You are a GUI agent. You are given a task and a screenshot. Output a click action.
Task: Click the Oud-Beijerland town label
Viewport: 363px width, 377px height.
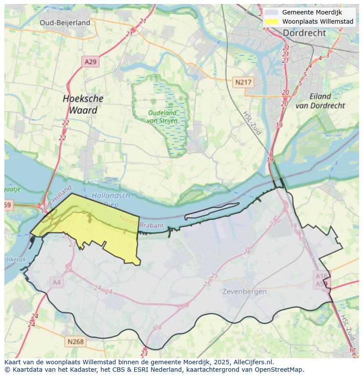point(65,23)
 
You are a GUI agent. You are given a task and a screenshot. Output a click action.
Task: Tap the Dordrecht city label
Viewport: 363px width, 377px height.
point(304,33)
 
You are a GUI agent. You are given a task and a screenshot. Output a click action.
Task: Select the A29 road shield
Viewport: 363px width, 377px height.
point(90,62)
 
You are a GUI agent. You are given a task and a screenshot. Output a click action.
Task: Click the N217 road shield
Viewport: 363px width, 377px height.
point(243,82)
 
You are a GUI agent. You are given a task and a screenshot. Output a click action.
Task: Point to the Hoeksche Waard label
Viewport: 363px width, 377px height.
point(83,104)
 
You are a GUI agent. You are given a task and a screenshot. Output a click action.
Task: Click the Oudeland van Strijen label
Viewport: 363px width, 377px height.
point(162,116)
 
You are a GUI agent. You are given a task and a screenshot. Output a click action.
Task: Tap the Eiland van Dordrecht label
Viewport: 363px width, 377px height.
point(320,101)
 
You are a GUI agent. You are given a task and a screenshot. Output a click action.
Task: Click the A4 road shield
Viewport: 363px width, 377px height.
point(57,282)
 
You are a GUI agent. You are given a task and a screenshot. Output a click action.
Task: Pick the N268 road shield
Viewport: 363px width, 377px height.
point(75,342)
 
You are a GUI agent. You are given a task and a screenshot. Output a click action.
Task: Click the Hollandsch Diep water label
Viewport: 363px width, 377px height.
point(110,200)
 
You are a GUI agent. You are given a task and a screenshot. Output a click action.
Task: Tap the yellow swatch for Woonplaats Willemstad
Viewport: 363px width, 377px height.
point(272,21)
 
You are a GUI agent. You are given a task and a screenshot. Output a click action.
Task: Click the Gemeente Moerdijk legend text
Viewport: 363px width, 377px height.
point(312,12)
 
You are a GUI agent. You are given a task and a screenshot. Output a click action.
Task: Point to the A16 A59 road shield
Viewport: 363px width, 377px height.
point(322,279)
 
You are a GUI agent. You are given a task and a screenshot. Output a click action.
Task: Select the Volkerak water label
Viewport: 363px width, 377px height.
point(15,259)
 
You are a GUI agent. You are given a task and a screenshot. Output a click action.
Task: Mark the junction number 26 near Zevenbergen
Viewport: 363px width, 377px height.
point(248,252)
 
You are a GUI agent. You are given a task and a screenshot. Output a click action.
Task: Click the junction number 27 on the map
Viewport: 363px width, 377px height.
point(273,224)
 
